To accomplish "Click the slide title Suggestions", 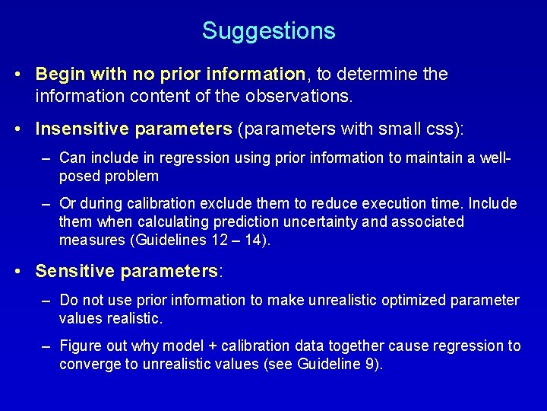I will pos(268,31).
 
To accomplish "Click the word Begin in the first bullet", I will pos(59,75).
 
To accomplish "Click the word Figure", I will pos(79,346).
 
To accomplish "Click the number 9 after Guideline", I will pos(368,365).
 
